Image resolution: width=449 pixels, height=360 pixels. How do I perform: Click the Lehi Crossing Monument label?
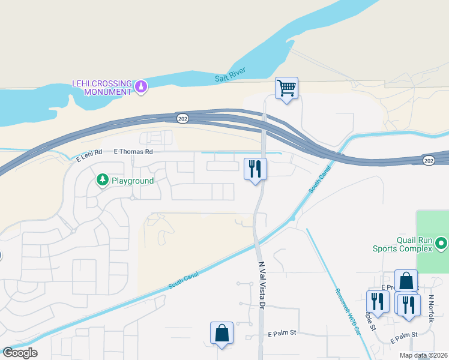tap(101, 88)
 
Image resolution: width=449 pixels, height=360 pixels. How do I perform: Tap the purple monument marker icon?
tap(141, 87)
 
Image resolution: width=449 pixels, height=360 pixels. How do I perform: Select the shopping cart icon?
tap(287, 88)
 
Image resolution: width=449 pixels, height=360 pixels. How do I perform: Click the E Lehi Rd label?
tap(89, 158)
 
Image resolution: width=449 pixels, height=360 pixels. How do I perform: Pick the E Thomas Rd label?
tap(133, 152)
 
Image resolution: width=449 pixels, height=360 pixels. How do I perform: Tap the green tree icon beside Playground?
tap(103, 180)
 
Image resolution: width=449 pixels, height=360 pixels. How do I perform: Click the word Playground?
tap(131, 181)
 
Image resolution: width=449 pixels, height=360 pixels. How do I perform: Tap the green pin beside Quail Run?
tap(441, 244)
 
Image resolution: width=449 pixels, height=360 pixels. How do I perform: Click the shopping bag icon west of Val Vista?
tap(221, 332)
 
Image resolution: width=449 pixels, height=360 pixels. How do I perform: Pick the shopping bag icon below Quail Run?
tap(406, 281)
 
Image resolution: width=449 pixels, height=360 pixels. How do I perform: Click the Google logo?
tap(20, 352)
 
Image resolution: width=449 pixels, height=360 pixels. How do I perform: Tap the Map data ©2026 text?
tap(423, 355)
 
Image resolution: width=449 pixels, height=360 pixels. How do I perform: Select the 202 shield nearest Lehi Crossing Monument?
tap(183, 119)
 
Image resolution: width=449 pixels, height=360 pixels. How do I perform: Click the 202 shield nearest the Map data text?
tap(428, 160)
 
